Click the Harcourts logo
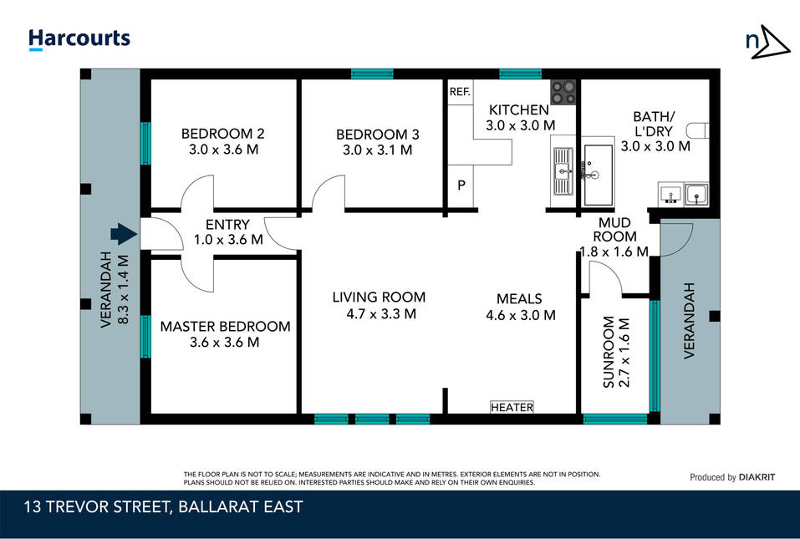tap(79, 39)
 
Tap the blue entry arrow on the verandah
tap(124, 234)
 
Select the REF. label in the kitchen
tap(460, 92)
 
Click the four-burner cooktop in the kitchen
tap(563, 92)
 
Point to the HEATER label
tap(512, 407)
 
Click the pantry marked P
tap(461, 186)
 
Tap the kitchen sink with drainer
tap(563, 170)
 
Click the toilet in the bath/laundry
tap(697, 130)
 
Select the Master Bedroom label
tap(225, 327)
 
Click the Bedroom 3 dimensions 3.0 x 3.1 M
tap(378, 150)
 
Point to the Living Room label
tap(379, 297)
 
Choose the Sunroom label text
tap(609, 352)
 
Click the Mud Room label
tap(614, 230)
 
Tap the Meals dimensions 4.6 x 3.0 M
tap(521, 315)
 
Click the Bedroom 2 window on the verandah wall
tap(145, 144)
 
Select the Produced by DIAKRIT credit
tap(732, 477)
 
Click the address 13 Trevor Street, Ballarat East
tap(163, 507)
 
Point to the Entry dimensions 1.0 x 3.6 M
tap(228, 239)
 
